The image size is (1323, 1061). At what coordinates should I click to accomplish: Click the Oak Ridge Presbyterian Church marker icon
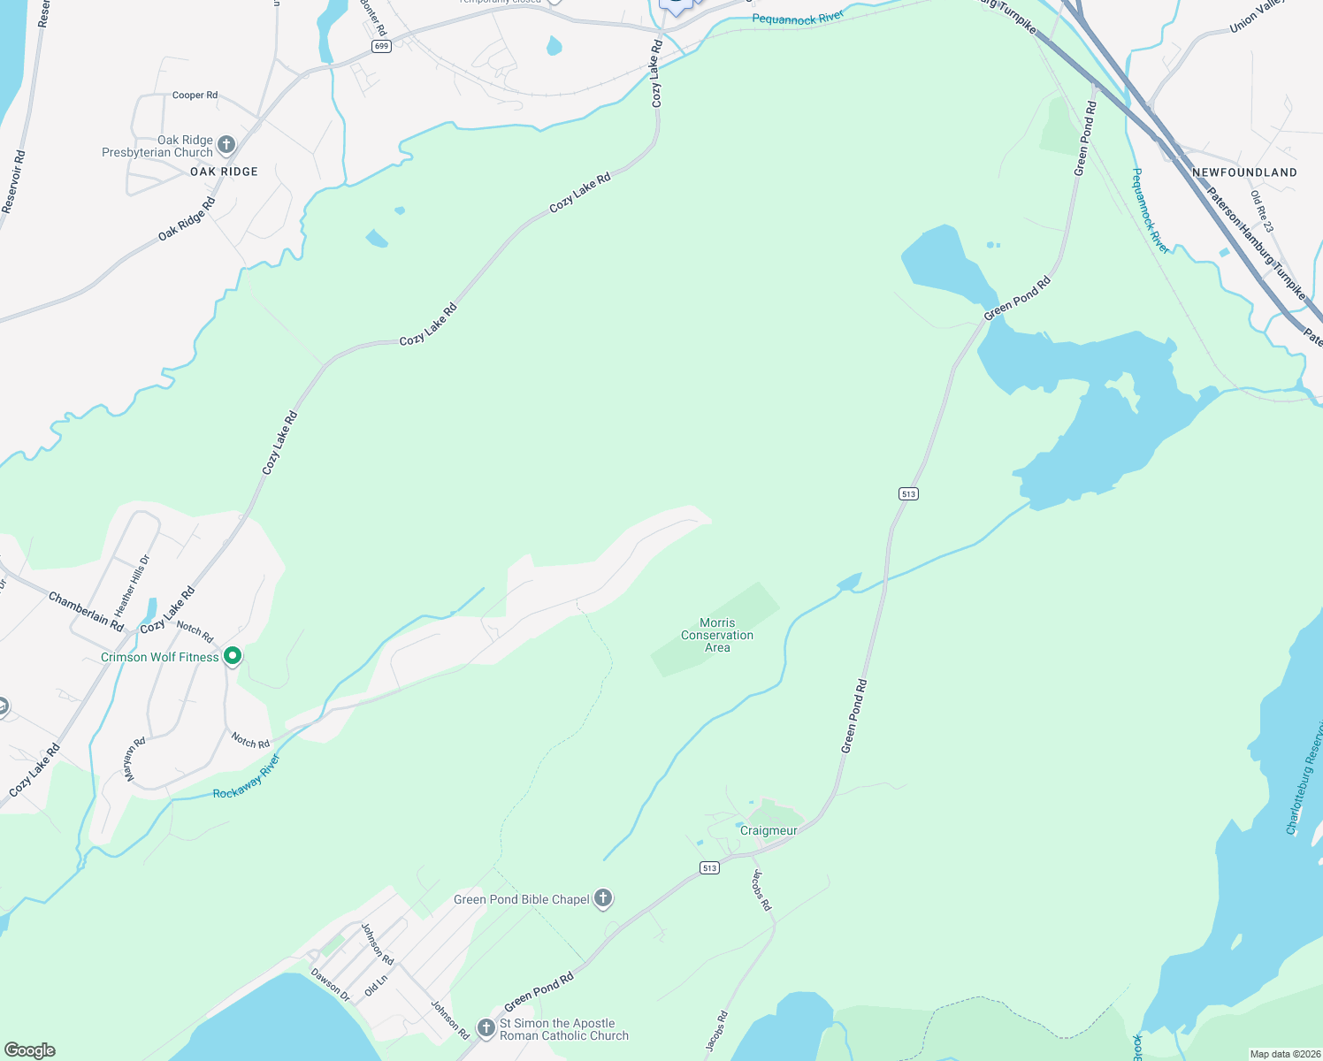tap(226, 145)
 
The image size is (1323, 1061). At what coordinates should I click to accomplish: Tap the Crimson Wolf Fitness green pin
tap(233, 656)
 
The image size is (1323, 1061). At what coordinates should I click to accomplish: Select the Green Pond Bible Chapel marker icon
tap(603, 899)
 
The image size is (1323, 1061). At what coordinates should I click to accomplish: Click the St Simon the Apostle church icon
tap(486, 1028)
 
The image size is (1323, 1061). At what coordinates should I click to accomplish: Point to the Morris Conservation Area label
tap(717, 635)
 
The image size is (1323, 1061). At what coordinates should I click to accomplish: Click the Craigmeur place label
tap(769, 830)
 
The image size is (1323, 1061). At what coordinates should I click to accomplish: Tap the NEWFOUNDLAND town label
tap(1244, 172)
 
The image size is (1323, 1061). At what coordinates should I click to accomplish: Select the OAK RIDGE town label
tap(224, 172)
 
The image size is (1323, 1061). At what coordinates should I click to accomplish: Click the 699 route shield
tap(381, 46)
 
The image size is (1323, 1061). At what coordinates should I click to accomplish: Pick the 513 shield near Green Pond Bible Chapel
tap(709, 868)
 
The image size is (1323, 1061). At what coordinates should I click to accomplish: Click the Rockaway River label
tap(246, 777)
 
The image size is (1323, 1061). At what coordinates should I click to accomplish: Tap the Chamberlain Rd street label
tap(86, 611)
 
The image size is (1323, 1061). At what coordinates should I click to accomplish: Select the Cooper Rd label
tap(195, 95)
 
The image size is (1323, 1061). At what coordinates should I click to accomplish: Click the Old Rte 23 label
tap(1262, 211)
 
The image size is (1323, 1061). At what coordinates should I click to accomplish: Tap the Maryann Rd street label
tap(134, 759)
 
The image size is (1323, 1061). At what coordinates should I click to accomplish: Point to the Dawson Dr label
tap(331, 985)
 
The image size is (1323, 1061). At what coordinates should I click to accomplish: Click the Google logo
tap(30, 1050)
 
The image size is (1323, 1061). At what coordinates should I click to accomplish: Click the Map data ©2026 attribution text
tap(1284, 1054)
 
